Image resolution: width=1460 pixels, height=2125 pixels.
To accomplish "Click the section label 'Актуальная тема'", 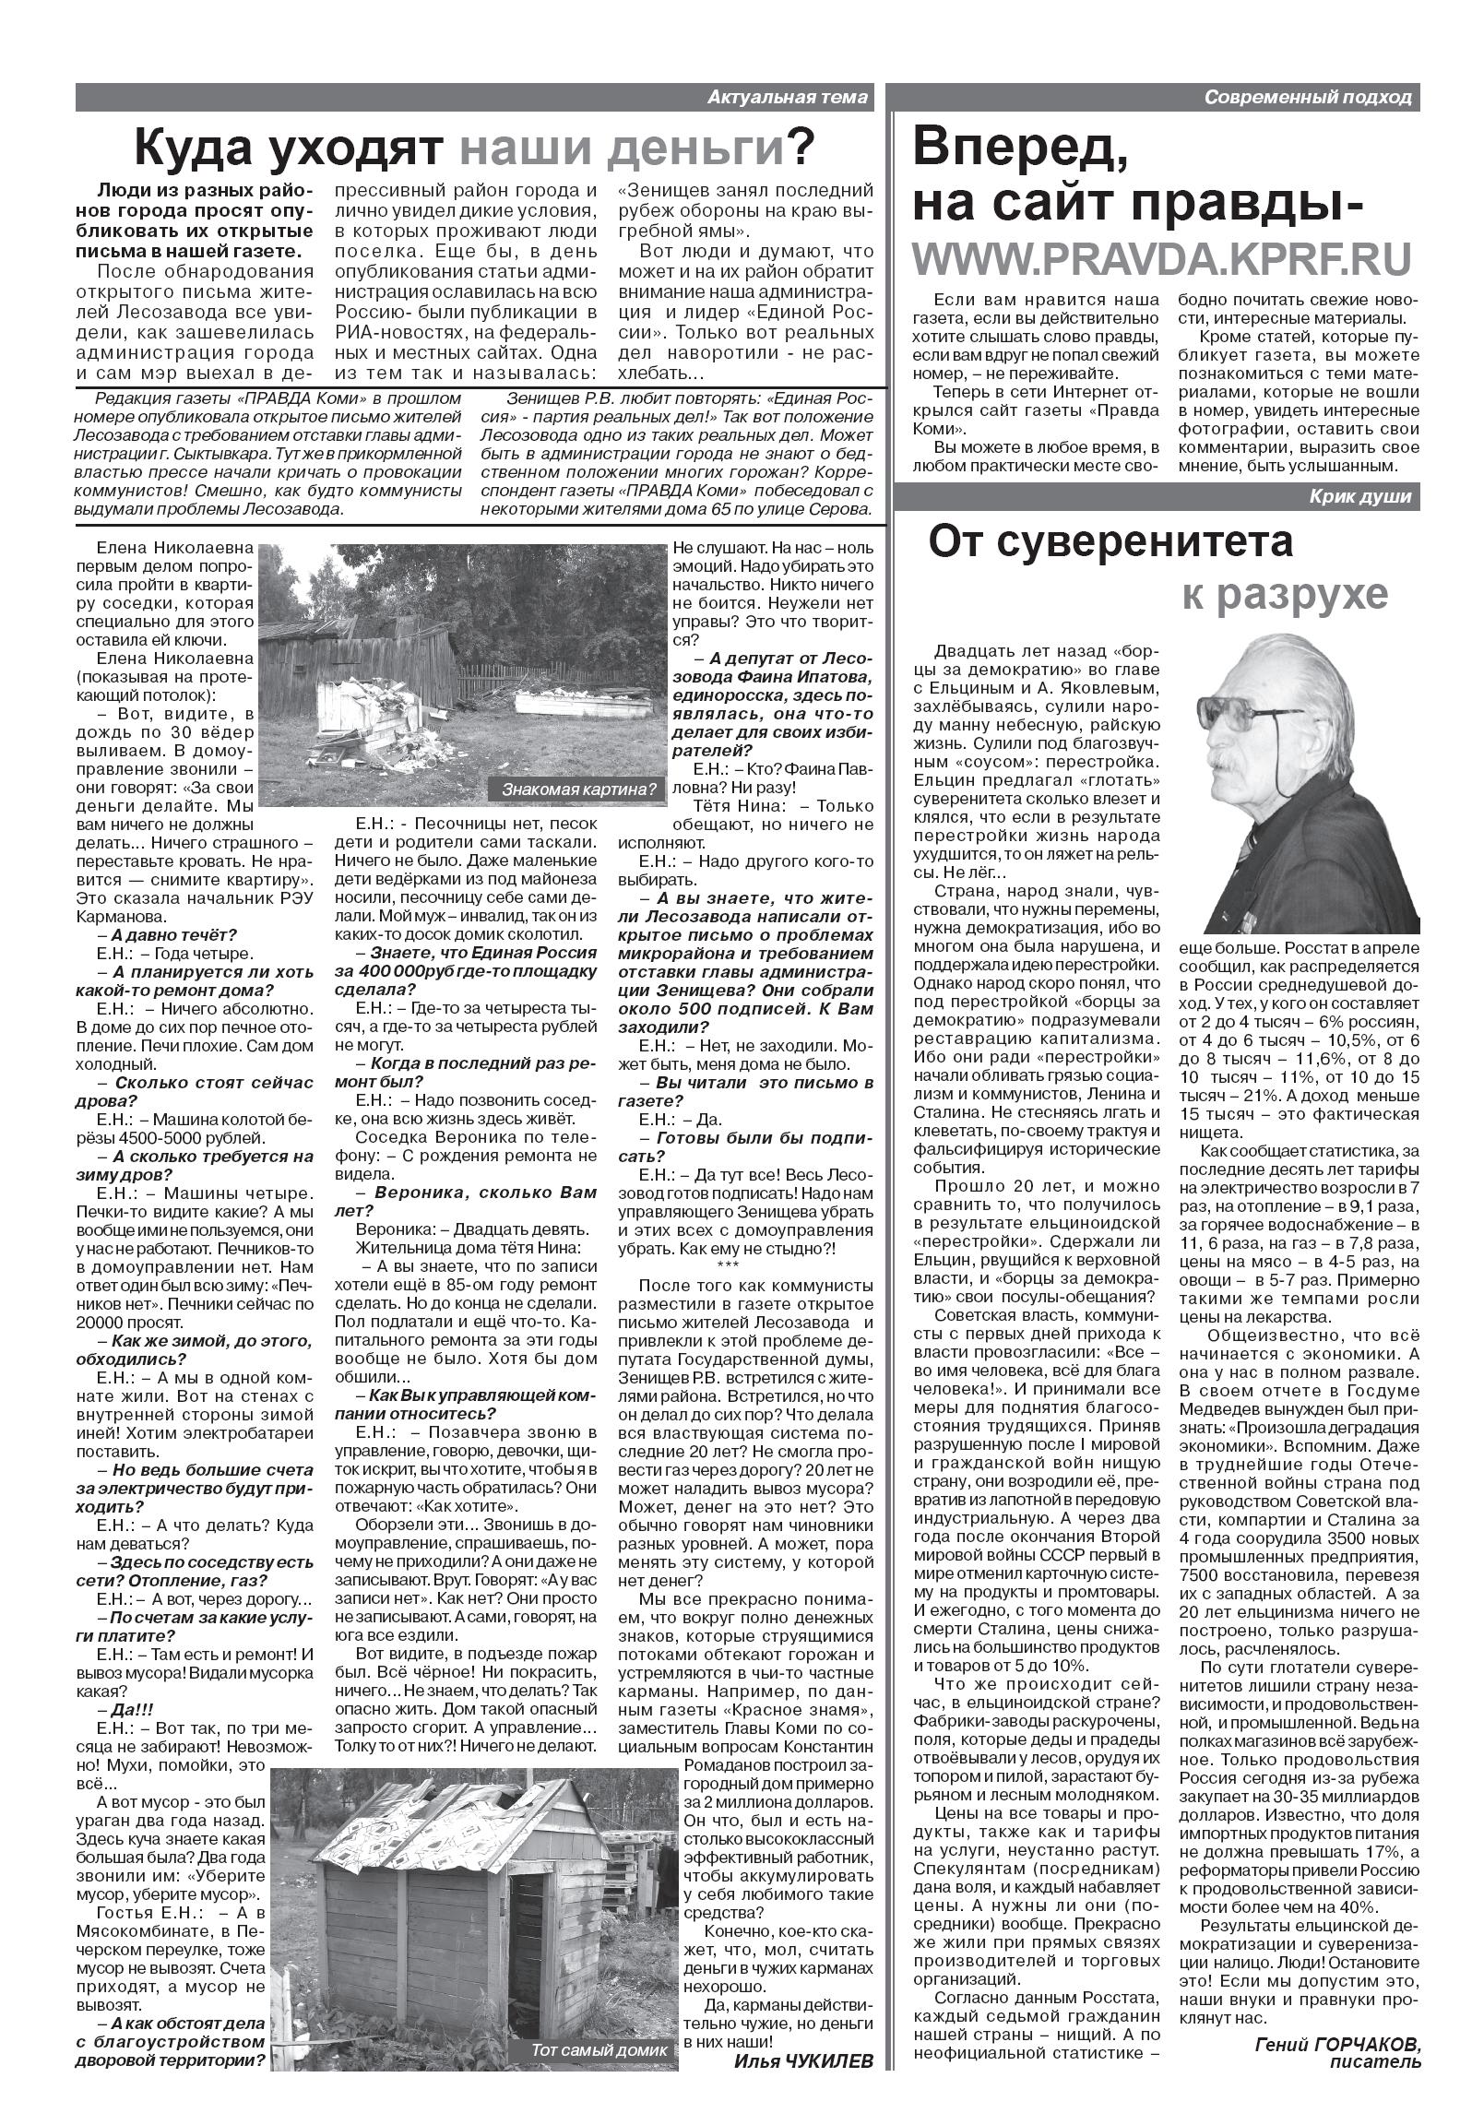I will coord(788,97).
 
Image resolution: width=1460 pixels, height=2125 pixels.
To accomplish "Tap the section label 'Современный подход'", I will coord(1308,97).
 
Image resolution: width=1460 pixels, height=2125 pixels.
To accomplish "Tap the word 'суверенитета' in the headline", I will coord(1110,542).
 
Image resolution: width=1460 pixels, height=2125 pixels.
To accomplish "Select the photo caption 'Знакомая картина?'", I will coord(579,789).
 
